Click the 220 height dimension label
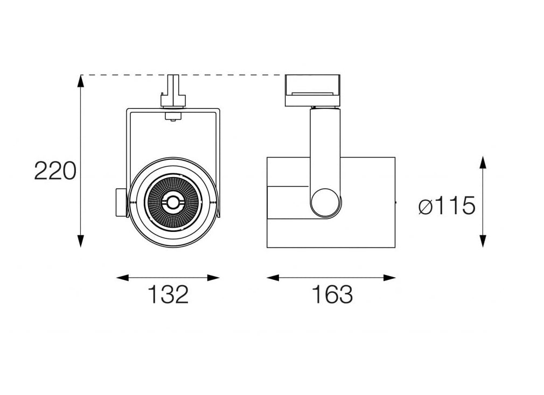(55, 171)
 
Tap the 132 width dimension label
(168, 294)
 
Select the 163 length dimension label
(332, 294)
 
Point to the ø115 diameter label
(447, 206)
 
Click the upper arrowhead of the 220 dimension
(80, 81)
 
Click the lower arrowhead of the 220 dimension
(80, 241)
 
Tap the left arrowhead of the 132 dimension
(122, 278)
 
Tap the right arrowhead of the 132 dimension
(213, 278)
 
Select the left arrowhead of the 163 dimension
(273, 278)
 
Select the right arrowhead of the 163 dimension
(389, 278)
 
